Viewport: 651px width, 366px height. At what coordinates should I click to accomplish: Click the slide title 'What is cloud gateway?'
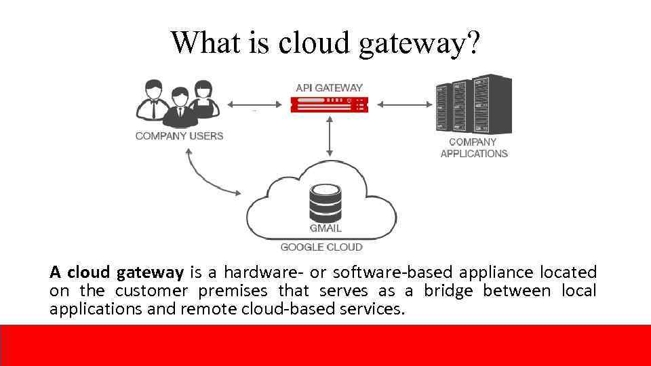[x=325, y=42]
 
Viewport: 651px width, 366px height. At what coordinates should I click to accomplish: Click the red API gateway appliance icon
[x=329, y=104]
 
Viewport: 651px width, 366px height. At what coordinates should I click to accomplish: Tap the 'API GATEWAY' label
[x=329, y=87]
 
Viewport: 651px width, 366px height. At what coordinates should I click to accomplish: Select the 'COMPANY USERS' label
[x=179, y=136]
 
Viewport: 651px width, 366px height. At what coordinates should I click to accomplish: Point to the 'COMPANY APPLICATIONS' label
[x=474, y=148]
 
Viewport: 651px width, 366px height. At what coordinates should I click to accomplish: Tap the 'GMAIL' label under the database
[x=325, y=228]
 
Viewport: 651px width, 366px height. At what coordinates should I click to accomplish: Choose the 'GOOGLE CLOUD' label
[x=321, y=247]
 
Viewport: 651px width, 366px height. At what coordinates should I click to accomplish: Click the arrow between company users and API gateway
[x=254, y=104]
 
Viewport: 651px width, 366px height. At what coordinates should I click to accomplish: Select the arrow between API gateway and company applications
[x=405, y=104]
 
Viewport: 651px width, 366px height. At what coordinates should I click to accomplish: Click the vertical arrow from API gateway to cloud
[x=330, y=136]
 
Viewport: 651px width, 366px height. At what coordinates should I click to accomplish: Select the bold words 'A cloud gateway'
[x=116, y=273]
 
